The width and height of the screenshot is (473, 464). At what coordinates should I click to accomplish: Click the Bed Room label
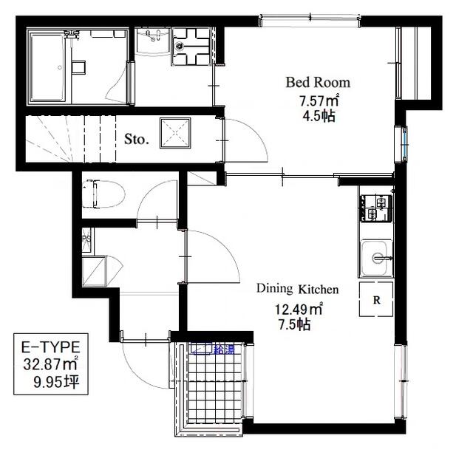coord(318,82)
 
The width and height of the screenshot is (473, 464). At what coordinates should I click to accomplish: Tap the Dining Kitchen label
coord(298,289)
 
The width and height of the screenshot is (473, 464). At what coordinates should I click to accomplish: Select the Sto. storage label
coord(137,139)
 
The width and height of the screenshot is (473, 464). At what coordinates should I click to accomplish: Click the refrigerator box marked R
coord(376,299)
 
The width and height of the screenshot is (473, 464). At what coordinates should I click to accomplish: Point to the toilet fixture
coord(103,194)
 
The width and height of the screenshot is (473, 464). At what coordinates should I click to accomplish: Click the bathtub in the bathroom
coord(48,67)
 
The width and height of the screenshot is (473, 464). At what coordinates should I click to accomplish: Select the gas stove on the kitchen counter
coord(375,208)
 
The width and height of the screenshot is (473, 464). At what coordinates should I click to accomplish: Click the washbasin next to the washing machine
coord(153,41)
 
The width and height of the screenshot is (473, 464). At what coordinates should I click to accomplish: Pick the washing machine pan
coord(191,47)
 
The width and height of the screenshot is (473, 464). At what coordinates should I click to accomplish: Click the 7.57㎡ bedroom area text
coord(319,100)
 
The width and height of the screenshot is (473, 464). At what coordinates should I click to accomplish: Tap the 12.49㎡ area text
coord(299,309)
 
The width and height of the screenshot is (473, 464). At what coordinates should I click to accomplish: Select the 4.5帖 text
coord(319,116)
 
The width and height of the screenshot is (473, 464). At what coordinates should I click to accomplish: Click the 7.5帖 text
coord(294,324)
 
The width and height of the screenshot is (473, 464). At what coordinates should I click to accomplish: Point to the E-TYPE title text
coord(51,347)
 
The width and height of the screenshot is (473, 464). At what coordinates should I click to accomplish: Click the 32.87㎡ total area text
coord(51,364)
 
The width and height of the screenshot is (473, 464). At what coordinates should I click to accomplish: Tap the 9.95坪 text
coord(56,382)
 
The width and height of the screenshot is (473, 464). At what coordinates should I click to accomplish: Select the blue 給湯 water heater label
coord(224,349)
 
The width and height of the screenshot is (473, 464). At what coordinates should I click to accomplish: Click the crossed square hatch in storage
coord(175,133)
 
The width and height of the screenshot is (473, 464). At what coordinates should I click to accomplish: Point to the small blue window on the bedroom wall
coord(404,145)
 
